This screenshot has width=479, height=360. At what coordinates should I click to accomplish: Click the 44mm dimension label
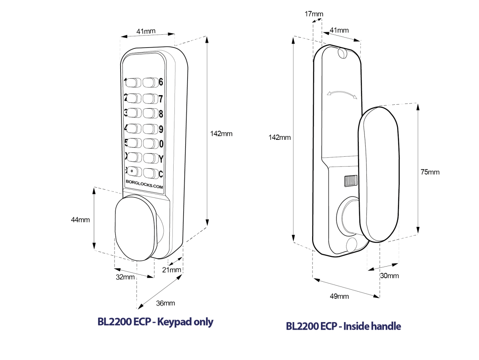(80, 219)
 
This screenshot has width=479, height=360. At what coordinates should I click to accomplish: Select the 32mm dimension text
(125, 277)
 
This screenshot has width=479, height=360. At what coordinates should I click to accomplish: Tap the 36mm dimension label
(165, 303)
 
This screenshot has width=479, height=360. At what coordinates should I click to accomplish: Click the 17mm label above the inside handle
(314, 14)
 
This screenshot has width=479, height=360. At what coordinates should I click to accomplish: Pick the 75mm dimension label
(430, 172)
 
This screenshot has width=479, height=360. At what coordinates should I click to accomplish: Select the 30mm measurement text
(389, 276)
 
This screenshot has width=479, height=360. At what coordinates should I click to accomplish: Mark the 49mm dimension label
(339, 296)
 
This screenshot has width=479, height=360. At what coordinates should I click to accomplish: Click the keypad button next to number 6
(150, 82)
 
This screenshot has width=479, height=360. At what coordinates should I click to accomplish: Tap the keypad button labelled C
(150, 173)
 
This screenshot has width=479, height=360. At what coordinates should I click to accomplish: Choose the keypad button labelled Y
(150, 158)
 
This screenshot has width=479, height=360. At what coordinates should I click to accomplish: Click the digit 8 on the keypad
(161, 114)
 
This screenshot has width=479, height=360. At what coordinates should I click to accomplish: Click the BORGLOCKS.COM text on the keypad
(144, 186)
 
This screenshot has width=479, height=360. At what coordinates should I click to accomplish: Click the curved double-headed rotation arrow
(342, 93)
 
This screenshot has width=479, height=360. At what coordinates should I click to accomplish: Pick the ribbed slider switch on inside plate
(350, 181)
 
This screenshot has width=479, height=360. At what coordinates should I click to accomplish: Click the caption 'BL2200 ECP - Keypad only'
(155, 322)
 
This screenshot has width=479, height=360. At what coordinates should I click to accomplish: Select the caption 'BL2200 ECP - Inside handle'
(343, 326)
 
